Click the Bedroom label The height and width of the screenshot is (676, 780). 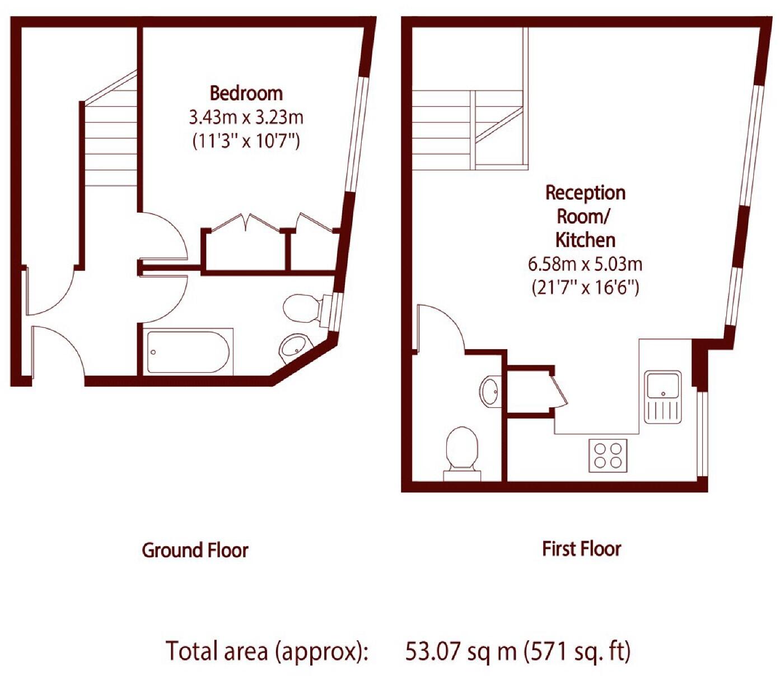click(x=246, y=93)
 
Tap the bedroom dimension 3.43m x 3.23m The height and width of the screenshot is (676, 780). click(x=246, y=118)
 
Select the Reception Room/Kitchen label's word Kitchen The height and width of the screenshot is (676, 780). click(x=585, y=240)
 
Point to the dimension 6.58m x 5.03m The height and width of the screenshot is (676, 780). click(x=585, y=264)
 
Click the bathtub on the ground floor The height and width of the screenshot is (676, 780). click(x=188, y=352)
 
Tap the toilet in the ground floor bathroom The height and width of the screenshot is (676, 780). click(x=305, y=308)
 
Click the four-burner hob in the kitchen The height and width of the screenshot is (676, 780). click(x=608, y=455)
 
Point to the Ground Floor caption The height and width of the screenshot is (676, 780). click(x=195, y=550)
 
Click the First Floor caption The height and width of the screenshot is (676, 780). click(x=581, y=548)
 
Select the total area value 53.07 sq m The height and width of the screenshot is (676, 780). click(x=460, y=651)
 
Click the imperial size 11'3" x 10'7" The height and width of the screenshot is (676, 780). click(x=246, y=140)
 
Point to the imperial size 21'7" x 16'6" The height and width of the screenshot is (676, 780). click(x=585, y=288)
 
